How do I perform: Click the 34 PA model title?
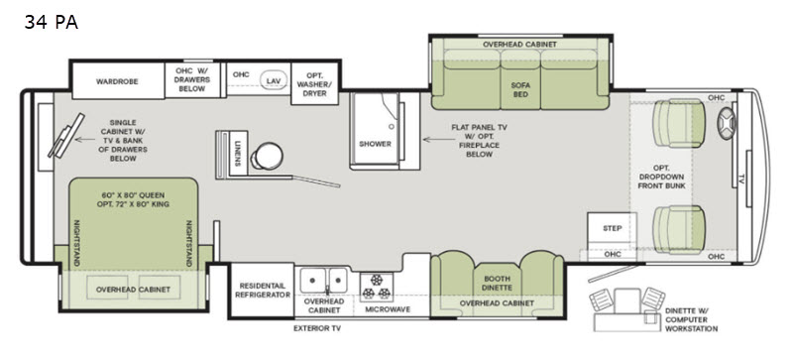(52, 22)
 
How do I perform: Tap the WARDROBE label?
(117, 81)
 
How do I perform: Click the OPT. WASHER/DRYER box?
(314, 83)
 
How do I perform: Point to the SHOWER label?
(375, 144)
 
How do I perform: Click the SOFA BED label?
(520, 90)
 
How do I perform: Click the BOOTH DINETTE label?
(498, 283)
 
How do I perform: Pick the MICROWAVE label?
(388, 309)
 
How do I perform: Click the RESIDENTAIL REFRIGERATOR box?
(262, 291)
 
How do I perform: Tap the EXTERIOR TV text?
(317, 328)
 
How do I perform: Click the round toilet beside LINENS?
(267, 156)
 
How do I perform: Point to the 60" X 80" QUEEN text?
(134, 195)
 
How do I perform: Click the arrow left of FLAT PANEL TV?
(435, 139)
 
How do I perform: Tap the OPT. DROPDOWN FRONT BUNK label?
(661, 177)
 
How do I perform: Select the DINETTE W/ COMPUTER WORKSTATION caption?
(691, 319)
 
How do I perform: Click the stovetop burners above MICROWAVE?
(377, 288)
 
